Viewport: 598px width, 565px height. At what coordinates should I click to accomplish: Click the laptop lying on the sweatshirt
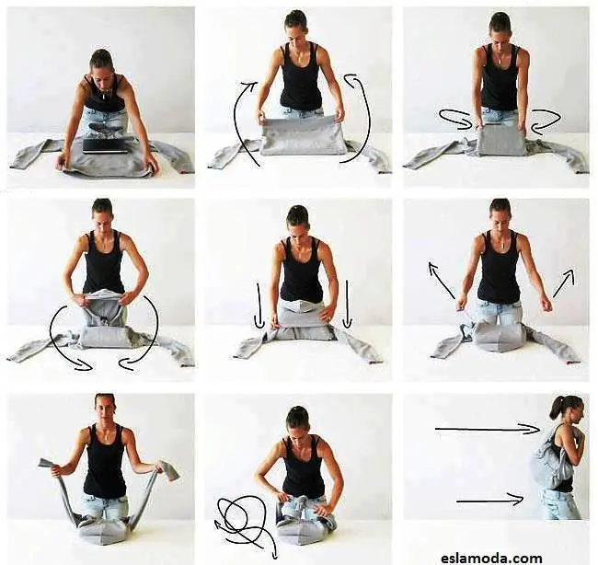pos(105,146)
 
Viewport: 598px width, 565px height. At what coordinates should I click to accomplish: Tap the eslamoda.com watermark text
pos(491,559)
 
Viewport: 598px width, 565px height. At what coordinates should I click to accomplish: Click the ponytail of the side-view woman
pos(555,409)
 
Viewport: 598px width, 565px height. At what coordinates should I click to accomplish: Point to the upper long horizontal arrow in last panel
pos(488,430)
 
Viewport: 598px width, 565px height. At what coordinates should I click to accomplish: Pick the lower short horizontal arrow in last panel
pos(490,500)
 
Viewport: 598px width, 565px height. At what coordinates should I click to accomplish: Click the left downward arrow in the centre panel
pos(259,306)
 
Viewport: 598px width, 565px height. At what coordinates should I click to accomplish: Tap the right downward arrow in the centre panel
pos(347,305)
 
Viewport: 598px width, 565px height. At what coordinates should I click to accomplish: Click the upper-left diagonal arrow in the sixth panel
pos(441,280)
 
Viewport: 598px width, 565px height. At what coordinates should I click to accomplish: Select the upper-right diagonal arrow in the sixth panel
pos(564,282)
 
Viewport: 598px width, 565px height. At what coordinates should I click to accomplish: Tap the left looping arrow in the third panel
pos(454,118)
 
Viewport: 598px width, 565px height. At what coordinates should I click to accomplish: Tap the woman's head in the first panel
pos(102,63)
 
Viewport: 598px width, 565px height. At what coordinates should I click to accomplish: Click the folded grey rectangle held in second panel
pos(302,136)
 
